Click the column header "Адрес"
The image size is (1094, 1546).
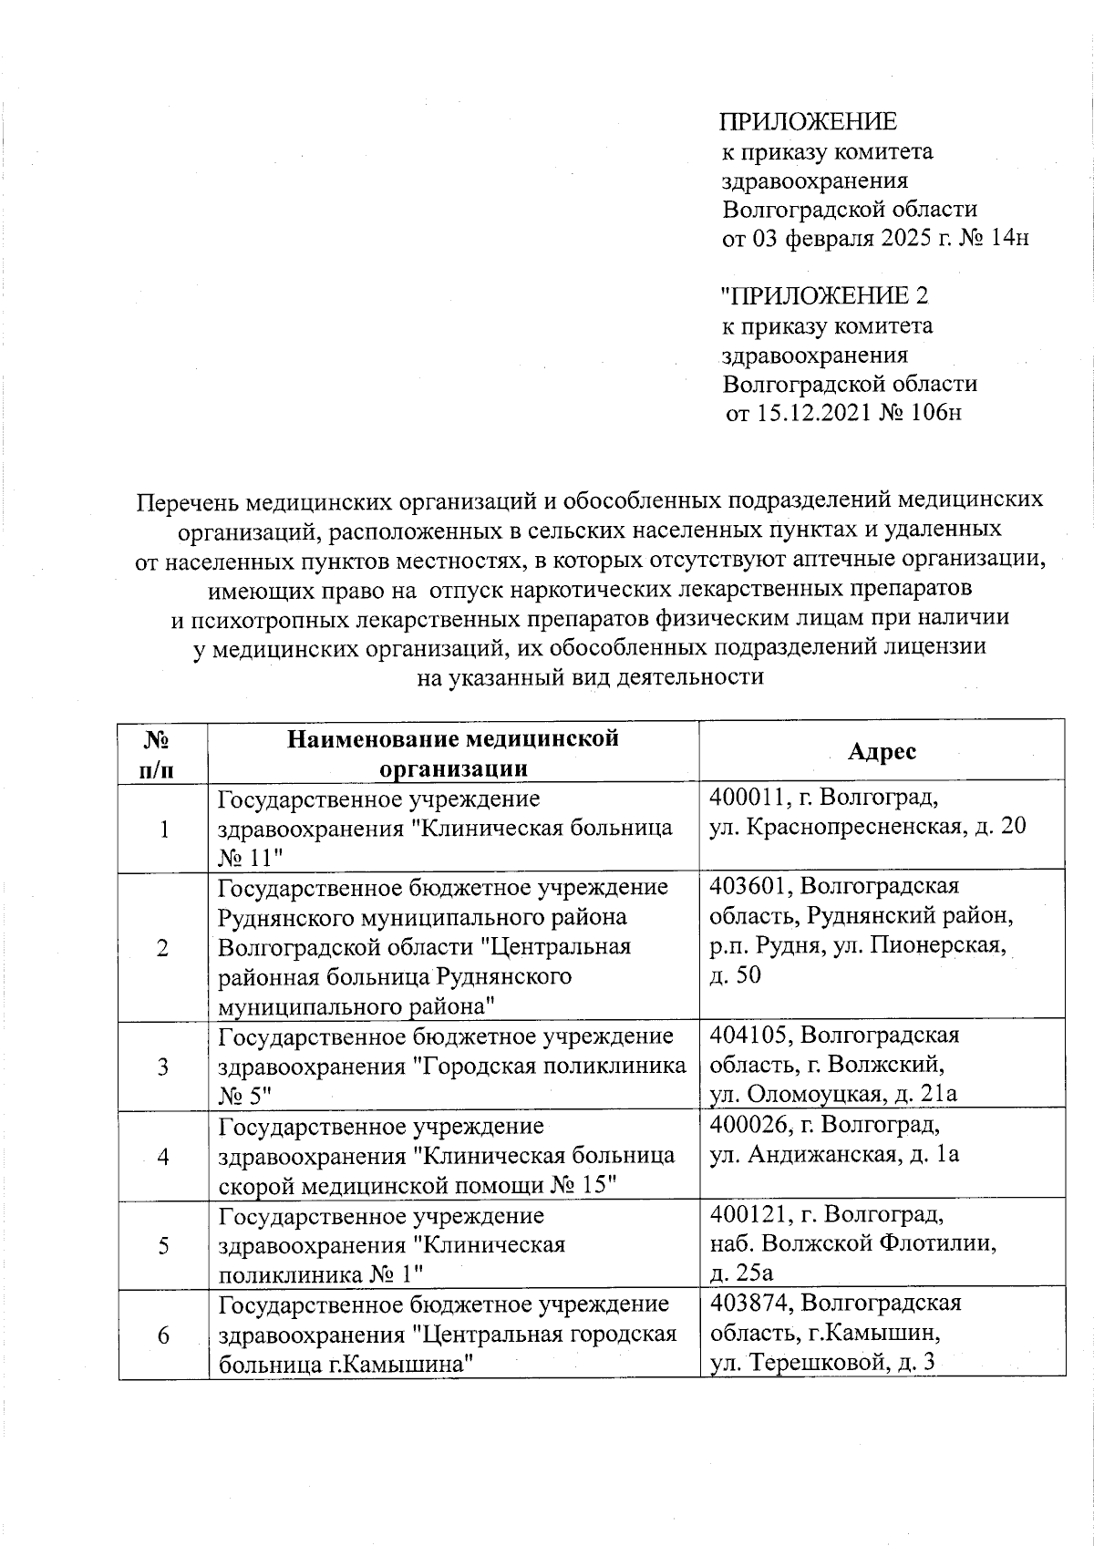click(x=882, y=751)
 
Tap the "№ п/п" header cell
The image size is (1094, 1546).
click(x=161, y=751)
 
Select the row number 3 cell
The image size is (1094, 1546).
click(x=162, y=1066)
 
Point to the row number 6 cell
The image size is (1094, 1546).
click(x=162, y=1335)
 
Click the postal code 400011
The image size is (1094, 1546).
click(x=749, y=798)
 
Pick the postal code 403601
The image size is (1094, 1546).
click(x=749, y=885)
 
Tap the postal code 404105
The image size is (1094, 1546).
click(x=749, y=1035)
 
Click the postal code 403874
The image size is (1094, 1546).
click(x=749, y=1303)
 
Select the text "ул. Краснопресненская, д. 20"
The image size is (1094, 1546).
click(x=868, y=827)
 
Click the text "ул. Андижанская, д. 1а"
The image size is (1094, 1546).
click(x=834, y=1155)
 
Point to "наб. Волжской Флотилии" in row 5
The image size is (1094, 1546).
click(x=852, y=1243)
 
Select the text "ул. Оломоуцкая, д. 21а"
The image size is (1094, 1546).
click(x=833, y=1094)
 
